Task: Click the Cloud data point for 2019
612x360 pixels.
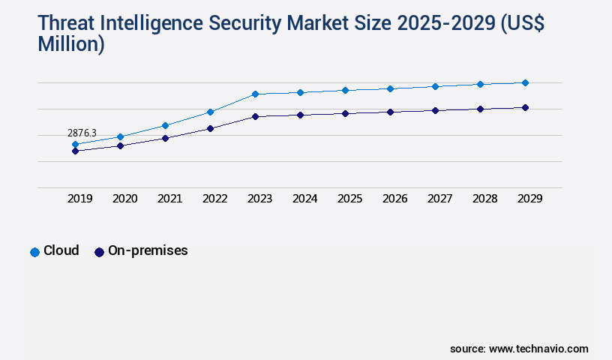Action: coord(75,144)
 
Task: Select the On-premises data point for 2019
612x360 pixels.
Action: coord(75,151)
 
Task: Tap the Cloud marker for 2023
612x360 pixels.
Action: coord(255,94)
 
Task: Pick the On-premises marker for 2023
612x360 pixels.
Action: coord(255,116)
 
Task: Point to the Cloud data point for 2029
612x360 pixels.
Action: coord(525,82)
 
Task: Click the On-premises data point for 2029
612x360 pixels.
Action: coord(525,107)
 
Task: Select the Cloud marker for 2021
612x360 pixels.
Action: coord(165,125)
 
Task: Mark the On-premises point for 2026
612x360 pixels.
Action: coord(390,112)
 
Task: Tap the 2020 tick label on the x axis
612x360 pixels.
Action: coord(124,199)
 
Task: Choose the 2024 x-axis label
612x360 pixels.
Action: coord(304,199)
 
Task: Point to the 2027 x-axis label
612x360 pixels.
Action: coord(439,199)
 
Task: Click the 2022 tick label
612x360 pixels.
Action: coord(214,199)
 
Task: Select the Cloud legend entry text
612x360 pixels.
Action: coord(61,250)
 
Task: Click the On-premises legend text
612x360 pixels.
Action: coord(148,250)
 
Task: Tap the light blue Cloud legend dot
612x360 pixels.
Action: coord(34,252)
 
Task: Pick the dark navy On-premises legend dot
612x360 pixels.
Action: coord(99,252)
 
